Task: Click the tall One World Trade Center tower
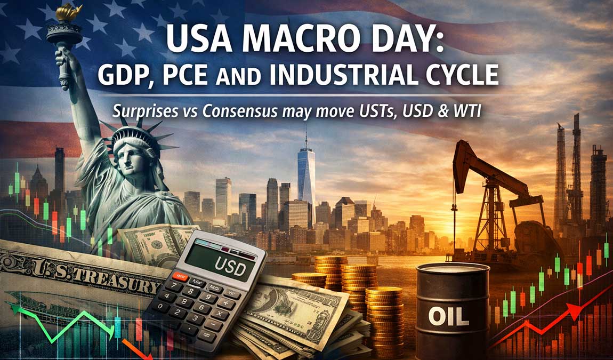pyautogui.click(x=306, y=171)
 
